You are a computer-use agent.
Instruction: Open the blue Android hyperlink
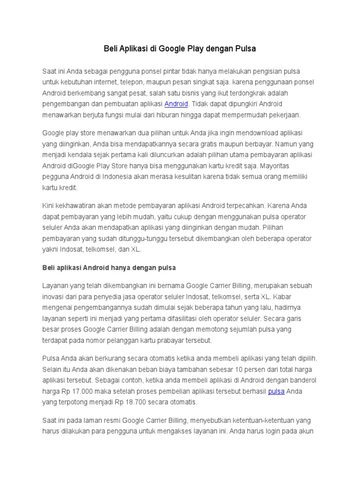(x=176, y=104)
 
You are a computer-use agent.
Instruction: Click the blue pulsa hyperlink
(x=276, y=391)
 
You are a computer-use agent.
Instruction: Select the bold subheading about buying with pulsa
(x=109, y=268)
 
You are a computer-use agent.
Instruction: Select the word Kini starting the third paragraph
(x=49, y=205)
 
